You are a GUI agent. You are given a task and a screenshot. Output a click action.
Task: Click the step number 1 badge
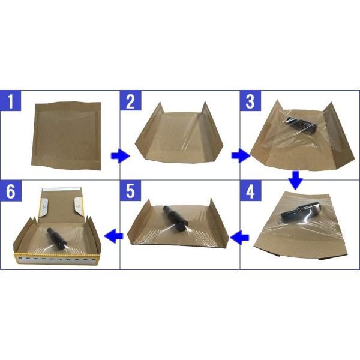[11, 101]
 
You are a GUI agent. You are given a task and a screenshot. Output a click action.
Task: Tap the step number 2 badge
[131, 101]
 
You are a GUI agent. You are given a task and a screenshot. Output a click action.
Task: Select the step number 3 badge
[250, 101]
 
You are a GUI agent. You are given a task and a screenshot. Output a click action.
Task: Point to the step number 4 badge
[250, 191]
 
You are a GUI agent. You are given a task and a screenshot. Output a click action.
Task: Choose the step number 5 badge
[131, 191]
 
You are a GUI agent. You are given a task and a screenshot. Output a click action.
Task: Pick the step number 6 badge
[11, 191]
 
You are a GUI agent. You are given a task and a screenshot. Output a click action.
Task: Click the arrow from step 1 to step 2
[121, 156]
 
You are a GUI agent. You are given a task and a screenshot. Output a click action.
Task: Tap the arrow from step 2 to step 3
[241, 156]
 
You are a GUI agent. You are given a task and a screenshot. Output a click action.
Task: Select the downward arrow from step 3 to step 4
[296, 180]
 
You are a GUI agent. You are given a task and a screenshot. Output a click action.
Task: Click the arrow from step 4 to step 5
[239, 238]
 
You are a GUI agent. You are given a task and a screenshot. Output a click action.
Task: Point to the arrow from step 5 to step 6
[114, 235]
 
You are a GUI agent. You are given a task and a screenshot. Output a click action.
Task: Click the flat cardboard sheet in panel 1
[66, 136]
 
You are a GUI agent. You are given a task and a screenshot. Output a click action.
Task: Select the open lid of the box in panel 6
[62, 205]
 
